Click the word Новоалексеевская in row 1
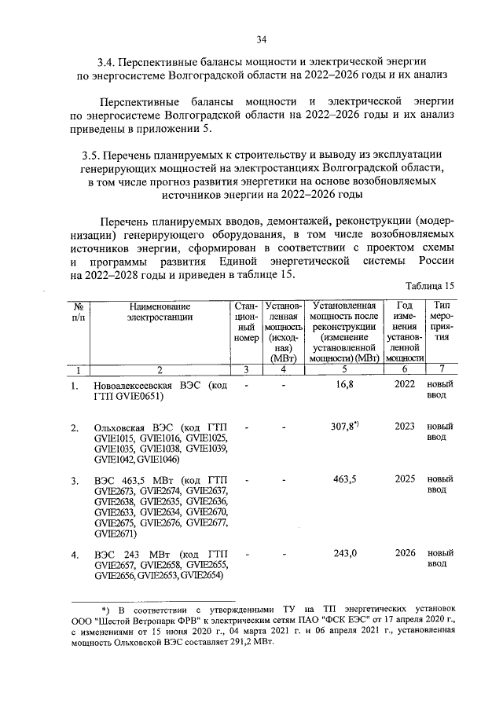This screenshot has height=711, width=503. (134, 387)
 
